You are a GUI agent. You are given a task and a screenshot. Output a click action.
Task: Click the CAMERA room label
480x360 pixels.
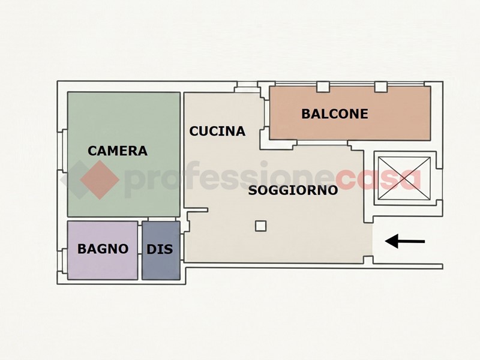pos(118,151)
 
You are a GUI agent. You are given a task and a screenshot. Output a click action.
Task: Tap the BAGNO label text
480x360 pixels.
pos(103,249)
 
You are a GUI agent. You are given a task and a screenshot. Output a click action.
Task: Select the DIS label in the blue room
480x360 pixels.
pos(160,249)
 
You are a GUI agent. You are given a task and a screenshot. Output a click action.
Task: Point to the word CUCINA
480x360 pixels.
pos(217,131)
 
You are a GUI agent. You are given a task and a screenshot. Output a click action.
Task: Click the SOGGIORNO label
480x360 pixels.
pos(293,190)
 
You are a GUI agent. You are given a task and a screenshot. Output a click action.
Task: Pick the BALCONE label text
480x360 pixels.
pos(335,114)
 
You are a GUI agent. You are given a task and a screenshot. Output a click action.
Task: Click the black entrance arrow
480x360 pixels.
pos(404,241)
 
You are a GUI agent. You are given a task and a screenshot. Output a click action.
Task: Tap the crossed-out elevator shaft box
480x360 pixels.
pos(404,178)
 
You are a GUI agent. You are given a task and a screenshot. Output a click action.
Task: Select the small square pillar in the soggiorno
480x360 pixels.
pos(261,226)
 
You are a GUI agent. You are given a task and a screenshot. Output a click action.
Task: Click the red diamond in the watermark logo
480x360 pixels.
pos(100,179)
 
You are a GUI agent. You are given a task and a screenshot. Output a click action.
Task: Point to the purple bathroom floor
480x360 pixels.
pos(103,250)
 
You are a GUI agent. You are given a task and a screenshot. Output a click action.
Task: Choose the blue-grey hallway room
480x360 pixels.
pos(161,250)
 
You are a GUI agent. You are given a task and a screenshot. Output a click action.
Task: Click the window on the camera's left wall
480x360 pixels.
pos(64,151)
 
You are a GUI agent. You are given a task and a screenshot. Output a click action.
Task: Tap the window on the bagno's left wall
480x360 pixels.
pos(64,261)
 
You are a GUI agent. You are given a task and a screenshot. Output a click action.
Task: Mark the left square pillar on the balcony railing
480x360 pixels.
pos(323,86)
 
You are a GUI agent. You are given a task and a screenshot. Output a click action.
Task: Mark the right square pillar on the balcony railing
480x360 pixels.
pos(381,86)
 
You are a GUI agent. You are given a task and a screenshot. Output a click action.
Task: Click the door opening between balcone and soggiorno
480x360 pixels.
pos(322,143)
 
